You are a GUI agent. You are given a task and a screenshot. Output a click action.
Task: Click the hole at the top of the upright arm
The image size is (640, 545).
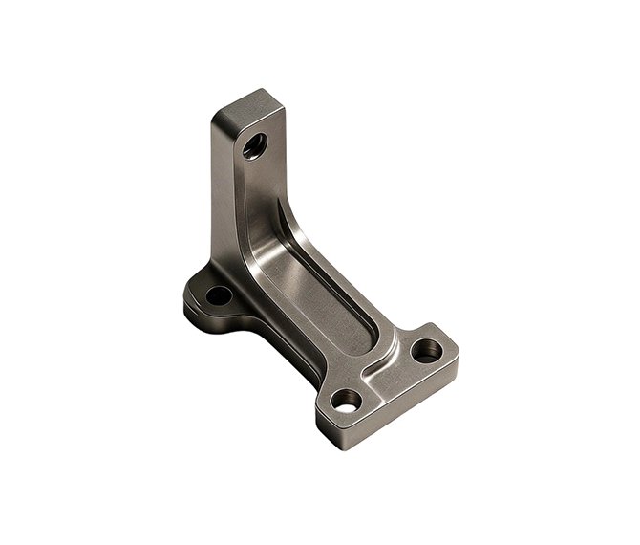click(x=254, y=146)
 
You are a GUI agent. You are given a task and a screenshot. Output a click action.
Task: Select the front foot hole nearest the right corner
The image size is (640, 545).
click(x=426, y=351)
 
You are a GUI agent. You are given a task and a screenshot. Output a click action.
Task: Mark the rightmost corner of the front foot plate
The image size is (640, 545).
click(x=458, y=358)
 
